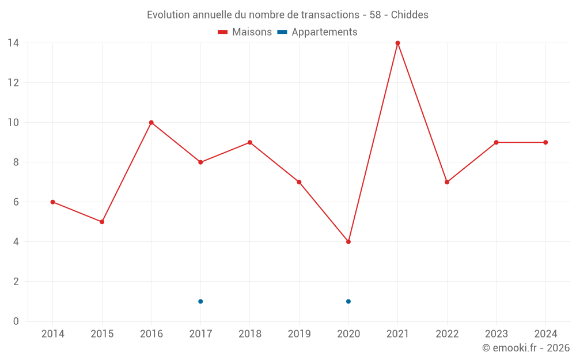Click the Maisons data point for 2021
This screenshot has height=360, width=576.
click(397, 43)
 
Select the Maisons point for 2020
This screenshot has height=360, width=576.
click(348, 242)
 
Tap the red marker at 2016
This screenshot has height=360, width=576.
click(151, 123)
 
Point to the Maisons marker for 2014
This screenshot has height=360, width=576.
click(52, 202)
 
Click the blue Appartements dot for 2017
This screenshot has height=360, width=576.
click(200, 301)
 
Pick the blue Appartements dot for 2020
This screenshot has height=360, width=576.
click(348, 301)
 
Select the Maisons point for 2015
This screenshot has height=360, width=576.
click(102, 222)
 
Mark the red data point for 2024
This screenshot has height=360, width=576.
click(545, 142)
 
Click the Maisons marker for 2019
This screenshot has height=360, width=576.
click(299, 182)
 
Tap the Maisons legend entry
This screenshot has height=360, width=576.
click(245, 32)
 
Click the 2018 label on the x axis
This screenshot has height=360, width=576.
click(250, 334)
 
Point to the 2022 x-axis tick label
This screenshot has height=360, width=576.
click(447, 334)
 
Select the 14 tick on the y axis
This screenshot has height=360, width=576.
click(13, 43)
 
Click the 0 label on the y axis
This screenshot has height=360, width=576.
click(16, 321)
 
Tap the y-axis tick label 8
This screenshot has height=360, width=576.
click(16, 162)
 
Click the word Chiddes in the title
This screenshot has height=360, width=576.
click(410, 15)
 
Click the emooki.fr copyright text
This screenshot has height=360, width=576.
click(526, 348)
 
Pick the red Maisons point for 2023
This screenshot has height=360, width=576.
click(496, 142)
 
